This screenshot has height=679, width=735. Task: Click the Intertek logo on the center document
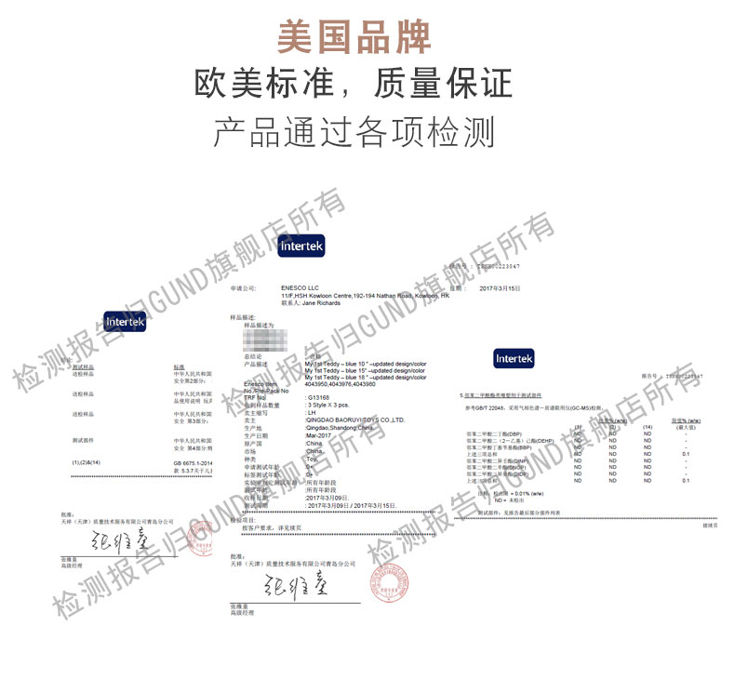(301, 246)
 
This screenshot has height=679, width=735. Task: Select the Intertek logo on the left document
(125, 321)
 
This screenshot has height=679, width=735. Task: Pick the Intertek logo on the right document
(514, 358)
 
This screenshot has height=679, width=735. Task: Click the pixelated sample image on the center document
(273, 338)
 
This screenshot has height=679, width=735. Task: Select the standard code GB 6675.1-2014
(193, 462)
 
